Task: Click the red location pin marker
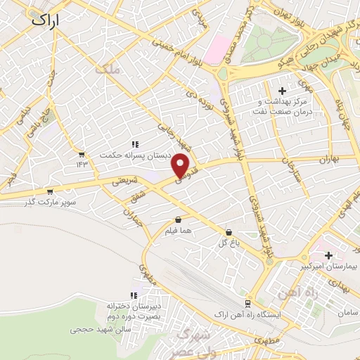pos(181,165)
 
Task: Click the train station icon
pos(247,303)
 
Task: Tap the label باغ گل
pos(228,244)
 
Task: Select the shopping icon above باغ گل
pos(229,232)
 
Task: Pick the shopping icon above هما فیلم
pos(177,219)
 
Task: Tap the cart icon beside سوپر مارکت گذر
pos(49,191)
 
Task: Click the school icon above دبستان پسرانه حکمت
pos(134,144)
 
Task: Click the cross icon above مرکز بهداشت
pos(283,91)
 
